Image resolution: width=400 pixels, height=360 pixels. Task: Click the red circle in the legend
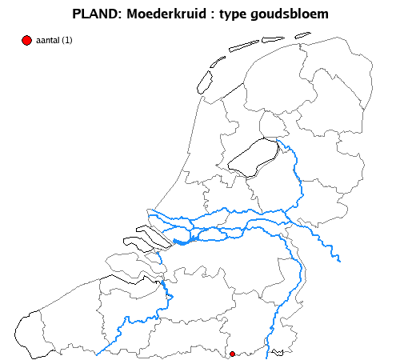tap(26, 40)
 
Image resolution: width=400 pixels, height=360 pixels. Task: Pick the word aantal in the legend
tap(47, 41)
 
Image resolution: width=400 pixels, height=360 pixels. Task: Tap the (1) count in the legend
tap(67, 41)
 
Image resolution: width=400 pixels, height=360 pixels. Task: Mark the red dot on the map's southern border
tap(233, 353)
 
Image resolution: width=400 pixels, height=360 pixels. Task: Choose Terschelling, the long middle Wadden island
tap(243, 46)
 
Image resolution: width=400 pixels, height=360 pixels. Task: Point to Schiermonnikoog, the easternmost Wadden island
tap(302, 34)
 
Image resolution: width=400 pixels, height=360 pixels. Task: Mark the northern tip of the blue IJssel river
tap(278, 140)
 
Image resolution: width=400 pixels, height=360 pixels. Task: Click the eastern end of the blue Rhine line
tap(340, 260)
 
